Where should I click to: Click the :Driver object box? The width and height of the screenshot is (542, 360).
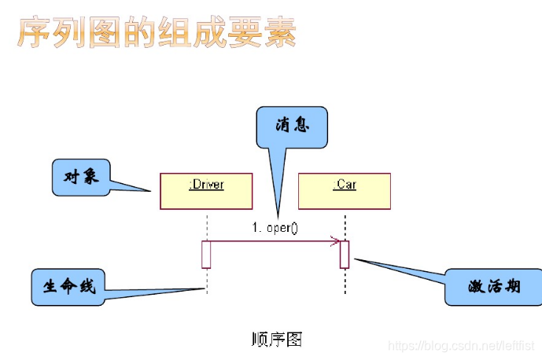(206, 191)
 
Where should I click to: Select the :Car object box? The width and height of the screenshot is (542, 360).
(345, 191)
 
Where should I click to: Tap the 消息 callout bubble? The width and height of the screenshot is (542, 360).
(292, 127)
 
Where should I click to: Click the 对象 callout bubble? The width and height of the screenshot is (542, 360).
(80, 178)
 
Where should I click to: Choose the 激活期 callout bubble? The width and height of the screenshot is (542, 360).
(493, 287)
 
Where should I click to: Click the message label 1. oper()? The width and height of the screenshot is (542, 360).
(275, 228)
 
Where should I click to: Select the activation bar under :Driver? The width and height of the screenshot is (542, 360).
(206, 255)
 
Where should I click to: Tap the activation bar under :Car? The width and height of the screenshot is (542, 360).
(345, 255)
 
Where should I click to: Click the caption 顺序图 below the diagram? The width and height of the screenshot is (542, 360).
(276, 339)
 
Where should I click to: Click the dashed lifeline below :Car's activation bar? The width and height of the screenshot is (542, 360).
(345, 281)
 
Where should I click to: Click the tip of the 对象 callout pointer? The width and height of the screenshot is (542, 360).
(150, 189)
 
